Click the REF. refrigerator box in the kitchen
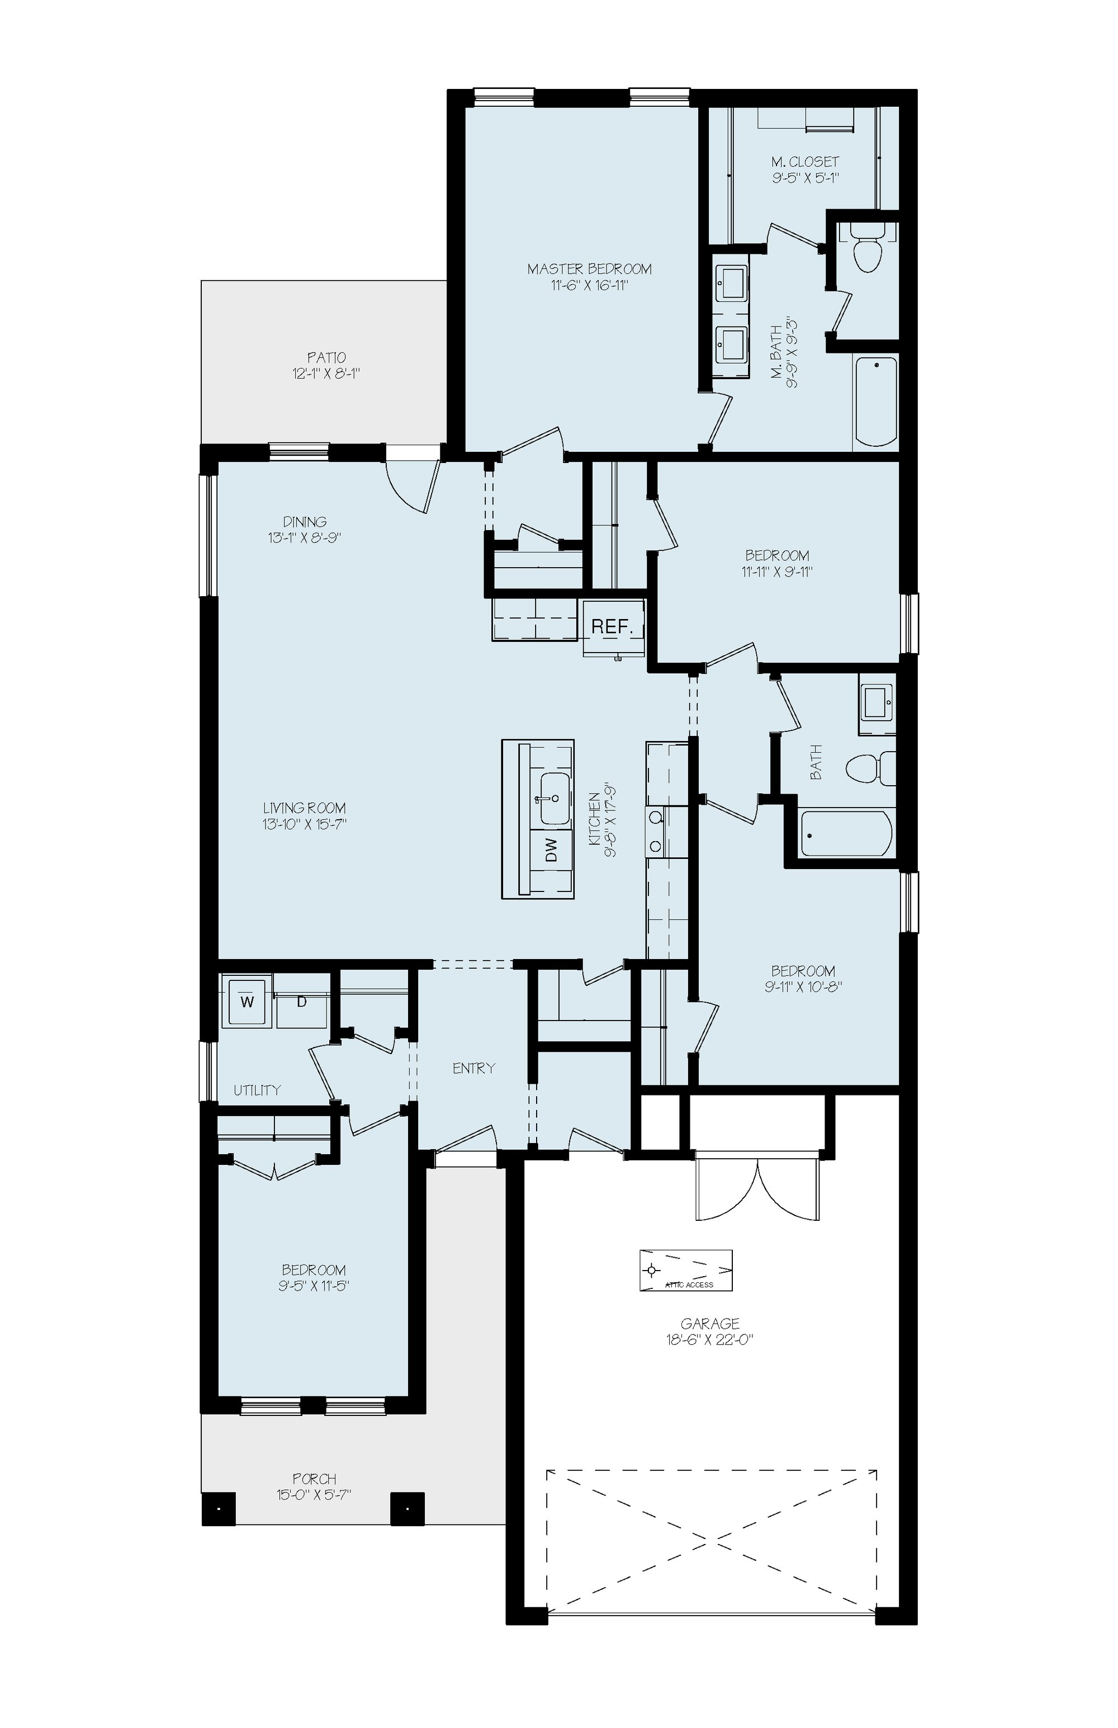[613, 627]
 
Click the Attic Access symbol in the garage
[685, 1270]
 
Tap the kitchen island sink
[552, 799]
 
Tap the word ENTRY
[473, 1068]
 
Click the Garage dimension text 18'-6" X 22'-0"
[710, 1340]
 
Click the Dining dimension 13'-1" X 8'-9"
[305, 538]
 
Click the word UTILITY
[257, 1090]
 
